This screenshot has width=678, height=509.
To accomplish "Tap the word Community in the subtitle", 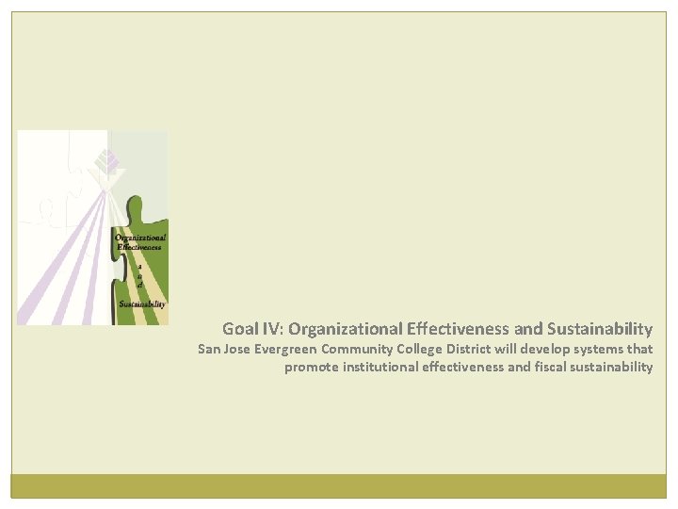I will (x=361, y=349).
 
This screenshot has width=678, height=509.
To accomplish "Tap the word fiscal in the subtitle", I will (x=553, y=368).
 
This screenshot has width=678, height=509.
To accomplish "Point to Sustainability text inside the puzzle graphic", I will (x=142, y=304).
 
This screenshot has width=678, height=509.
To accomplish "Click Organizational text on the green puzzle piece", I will (x=140, y=238).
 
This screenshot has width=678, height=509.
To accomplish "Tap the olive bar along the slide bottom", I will (x=339, y=485).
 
